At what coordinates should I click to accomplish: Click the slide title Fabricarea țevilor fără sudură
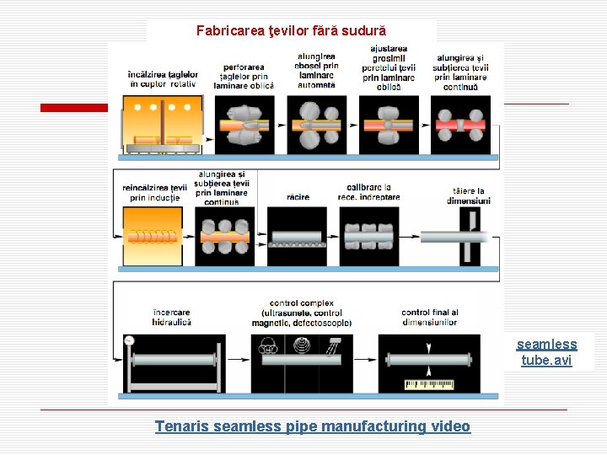click(x=291, y=31)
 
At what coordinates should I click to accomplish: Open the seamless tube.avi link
click(x=546, y=352)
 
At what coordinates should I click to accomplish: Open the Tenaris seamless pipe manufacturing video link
click(x=312, y=426)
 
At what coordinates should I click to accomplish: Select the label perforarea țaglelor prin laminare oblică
click(x=244, y=76)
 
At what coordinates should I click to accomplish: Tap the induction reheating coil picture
click(x=152, y=237)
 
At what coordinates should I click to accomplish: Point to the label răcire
click(x=298, y=197)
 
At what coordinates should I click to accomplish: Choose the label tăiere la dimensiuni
click(x=468, y=196)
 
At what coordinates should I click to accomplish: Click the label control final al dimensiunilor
click(x=429, y=318)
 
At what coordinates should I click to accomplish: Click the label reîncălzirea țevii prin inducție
click(x=153, y=192)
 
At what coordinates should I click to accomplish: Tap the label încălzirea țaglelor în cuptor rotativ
click(x=163, y=79)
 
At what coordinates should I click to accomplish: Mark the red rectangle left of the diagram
click(x=74, y=107)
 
